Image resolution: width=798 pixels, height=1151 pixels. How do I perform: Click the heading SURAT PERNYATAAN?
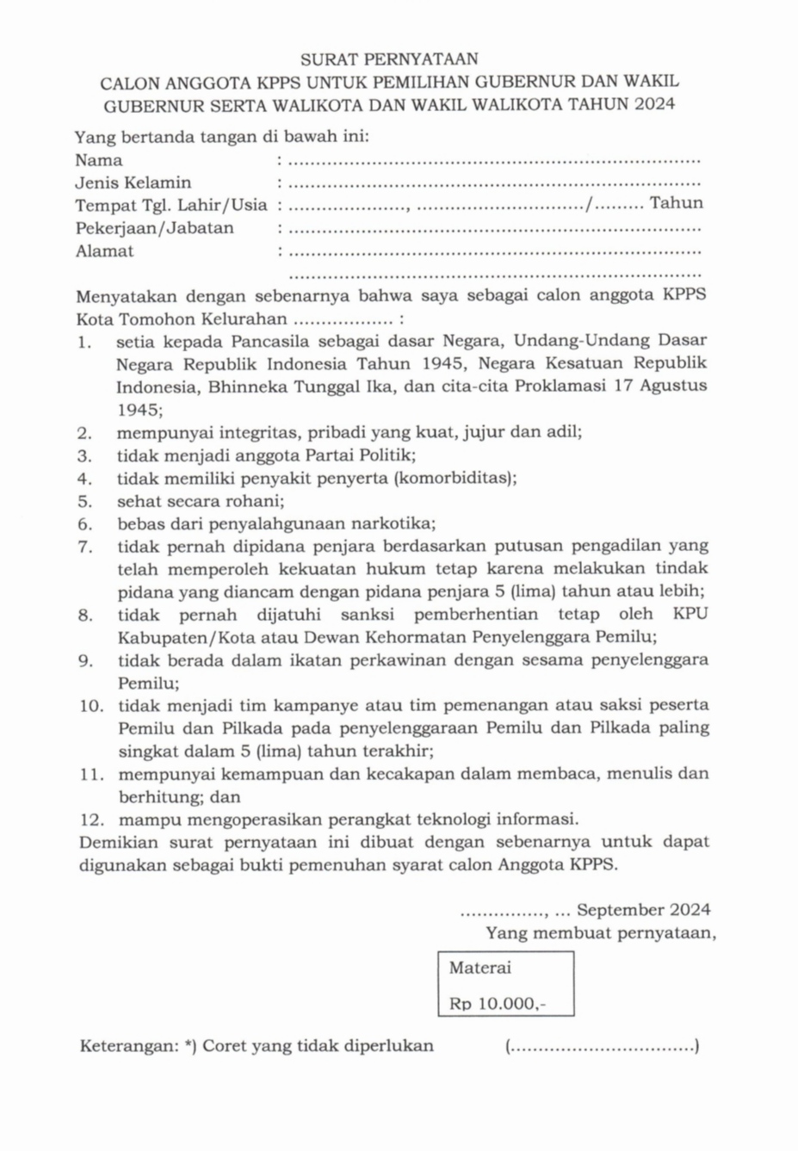click(x=389, y=59)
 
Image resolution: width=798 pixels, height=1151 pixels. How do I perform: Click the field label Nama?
click(x=98, y=160)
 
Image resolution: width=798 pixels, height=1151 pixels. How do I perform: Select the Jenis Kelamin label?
click(x=133, y=183)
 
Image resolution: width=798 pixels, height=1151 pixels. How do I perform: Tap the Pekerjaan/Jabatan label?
click(x=154, y=228)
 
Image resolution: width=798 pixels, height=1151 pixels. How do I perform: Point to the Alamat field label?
click(x=104, y=251)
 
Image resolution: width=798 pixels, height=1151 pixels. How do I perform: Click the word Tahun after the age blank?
click(x=676, y=203)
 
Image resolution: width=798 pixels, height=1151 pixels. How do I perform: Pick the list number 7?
click(x=84, y=546)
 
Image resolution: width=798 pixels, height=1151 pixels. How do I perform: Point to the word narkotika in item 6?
click(x=399, y=523)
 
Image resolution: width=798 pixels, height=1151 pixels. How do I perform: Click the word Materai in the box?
click(x=479, y=968)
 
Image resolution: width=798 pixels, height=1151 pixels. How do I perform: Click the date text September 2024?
click(x=643, y=910)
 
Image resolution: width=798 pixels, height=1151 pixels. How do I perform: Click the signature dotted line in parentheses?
click(x=602, y=1048)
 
